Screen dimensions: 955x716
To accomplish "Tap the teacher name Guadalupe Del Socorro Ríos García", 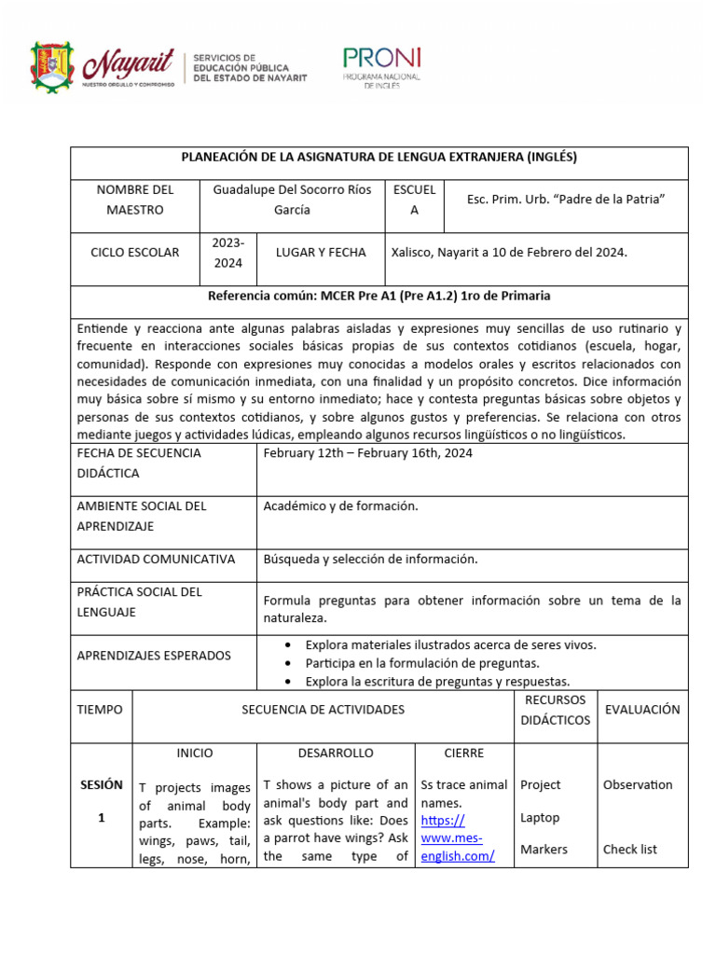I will pyautogui.click(x=292, y=200).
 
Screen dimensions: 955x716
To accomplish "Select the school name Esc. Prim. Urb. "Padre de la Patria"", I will pyautogui.click(x=565, y=200).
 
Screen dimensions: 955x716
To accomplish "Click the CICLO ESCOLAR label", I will pyautogui.click(x=134, y=253).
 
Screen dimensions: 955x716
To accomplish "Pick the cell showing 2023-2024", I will pyautogui.click(x=227, y=253).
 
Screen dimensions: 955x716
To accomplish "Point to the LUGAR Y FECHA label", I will pyautogui.click(x=321, y=253).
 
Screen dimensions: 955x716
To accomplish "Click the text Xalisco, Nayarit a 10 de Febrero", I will pyautogui.click(x=509, y=253).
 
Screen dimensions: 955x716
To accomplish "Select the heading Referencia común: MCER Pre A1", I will pyautogui.click(x=379, y=297).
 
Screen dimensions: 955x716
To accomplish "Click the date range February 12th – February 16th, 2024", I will pyautogui.click(x=367, y=453).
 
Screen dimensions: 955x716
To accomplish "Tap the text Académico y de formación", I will pyautogui.click(x=340, y=506).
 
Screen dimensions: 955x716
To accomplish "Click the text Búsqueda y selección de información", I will pyautogui.click(x=370, y=559).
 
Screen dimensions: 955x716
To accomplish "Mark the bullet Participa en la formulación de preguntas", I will pyautogui.click(x=422, y=663).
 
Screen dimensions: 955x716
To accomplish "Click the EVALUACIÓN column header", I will pyautogui.click(x=642, y=710).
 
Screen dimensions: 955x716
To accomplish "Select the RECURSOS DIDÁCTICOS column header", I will pyautogui.click(x=555, y=710).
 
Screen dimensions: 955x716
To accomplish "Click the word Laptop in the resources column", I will pyautogui.click(x=540, y=818).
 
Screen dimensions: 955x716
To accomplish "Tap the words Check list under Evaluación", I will pyautogui.click(x=629, y=850).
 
